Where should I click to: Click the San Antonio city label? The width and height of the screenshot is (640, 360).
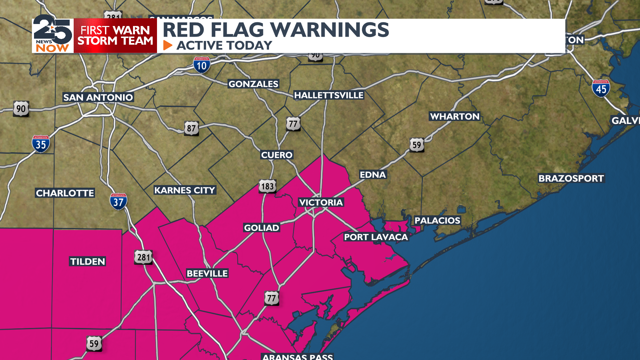point(98,97)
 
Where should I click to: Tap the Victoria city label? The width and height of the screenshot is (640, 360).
point(321,202)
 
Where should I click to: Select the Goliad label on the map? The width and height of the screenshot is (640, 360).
point(261,228)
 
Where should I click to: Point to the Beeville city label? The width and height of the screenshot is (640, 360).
point(207,273)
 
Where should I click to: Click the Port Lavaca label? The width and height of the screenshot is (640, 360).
point(376,237)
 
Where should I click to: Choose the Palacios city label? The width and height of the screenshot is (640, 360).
point(437,220)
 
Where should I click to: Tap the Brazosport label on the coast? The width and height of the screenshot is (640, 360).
point(571,178)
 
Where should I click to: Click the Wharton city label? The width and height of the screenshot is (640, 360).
point(455,116)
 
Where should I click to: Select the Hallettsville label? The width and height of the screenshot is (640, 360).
point(328,95)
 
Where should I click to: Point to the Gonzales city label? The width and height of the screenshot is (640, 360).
point(253,84)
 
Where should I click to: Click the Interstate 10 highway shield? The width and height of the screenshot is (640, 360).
point(202,65)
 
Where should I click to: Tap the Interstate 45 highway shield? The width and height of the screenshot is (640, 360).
point(601,88)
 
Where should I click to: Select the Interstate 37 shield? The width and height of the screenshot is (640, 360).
point(118,201)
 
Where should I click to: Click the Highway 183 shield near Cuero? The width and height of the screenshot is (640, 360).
point(267,186)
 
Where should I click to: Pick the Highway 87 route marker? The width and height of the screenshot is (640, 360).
point(191,128)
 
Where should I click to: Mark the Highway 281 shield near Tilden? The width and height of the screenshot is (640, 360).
point(144,257)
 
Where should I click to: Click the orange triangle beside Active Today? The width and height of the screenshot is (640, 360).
point(168,45)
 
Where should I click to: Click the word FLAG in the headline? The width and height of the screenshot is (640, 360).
point(237,30)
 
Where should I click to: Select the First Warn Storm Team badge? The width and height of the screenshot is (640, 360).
point(115,36)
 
